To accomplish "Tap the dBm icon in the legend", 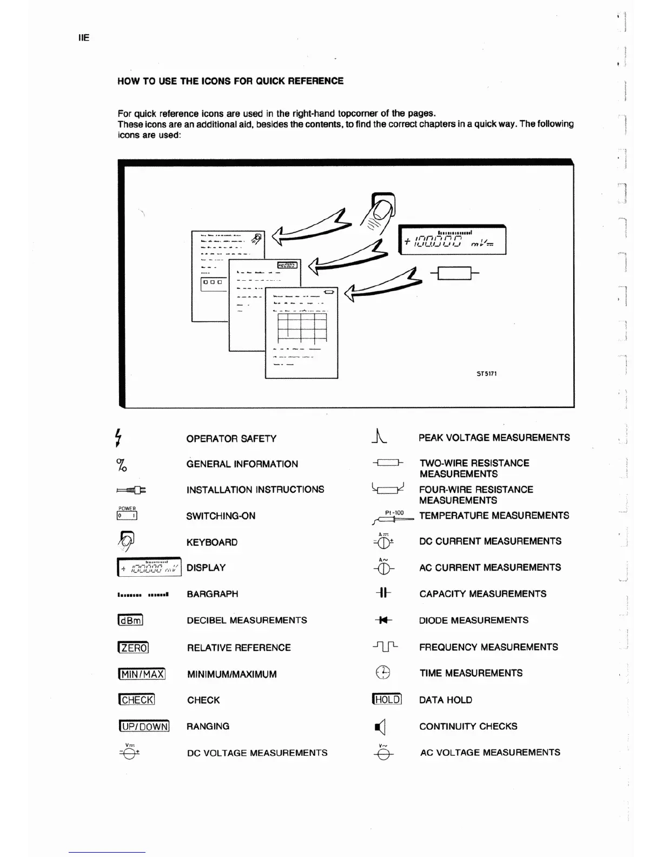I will (x=130, y=621).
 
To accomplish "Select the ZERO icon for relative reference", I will (x=133, y=648).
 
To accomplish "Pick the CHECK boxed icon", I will (x=136, y=700).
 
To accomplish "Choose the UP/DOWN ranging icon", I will (x=144, y=726).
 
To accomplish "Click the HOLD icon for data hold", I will (x=387, y=699).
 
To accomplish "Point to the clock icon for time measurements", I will (x=383, y=673).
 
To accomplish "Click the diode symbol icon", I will (x=384, y=621).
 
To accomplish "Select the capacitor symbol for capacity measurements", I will (x=383, y=594).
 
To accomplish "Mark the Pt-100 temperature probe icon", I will (x=393, y=517).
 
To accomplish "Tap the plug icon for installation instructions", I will (x=131, y=490).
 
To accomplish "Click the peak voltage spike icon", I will (x=380, y=436).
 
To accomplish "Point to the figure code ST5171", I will (x=487, y=373).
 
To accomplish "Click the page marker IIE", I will (x=84, y=38).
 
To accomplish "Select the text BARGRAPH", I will (x=212, y=594).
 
